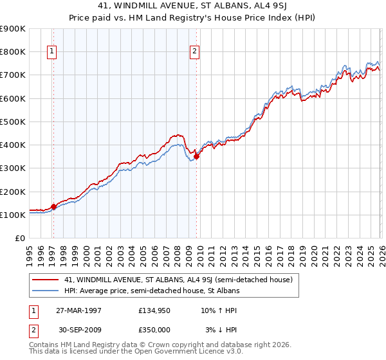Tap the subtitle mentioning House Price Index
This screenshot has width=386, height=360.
[193, 18]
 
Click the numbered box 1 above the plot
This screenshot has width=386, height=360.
[51, 53]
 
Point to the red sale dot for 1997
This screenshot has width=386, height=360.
[53, 206]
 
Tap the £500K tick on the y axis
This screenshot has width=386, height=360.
[13, 122]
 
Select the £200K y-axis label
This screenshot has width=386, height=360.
[13, 192]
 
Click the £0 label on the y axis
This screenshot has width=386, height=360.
[19, 239]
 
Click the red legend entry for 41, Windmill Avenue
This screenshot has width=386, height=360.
[178, 280]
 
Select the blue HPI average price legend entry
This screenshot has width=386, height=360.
[152, 291]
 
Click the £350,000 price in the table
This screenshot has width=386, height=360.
[154, 329]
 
